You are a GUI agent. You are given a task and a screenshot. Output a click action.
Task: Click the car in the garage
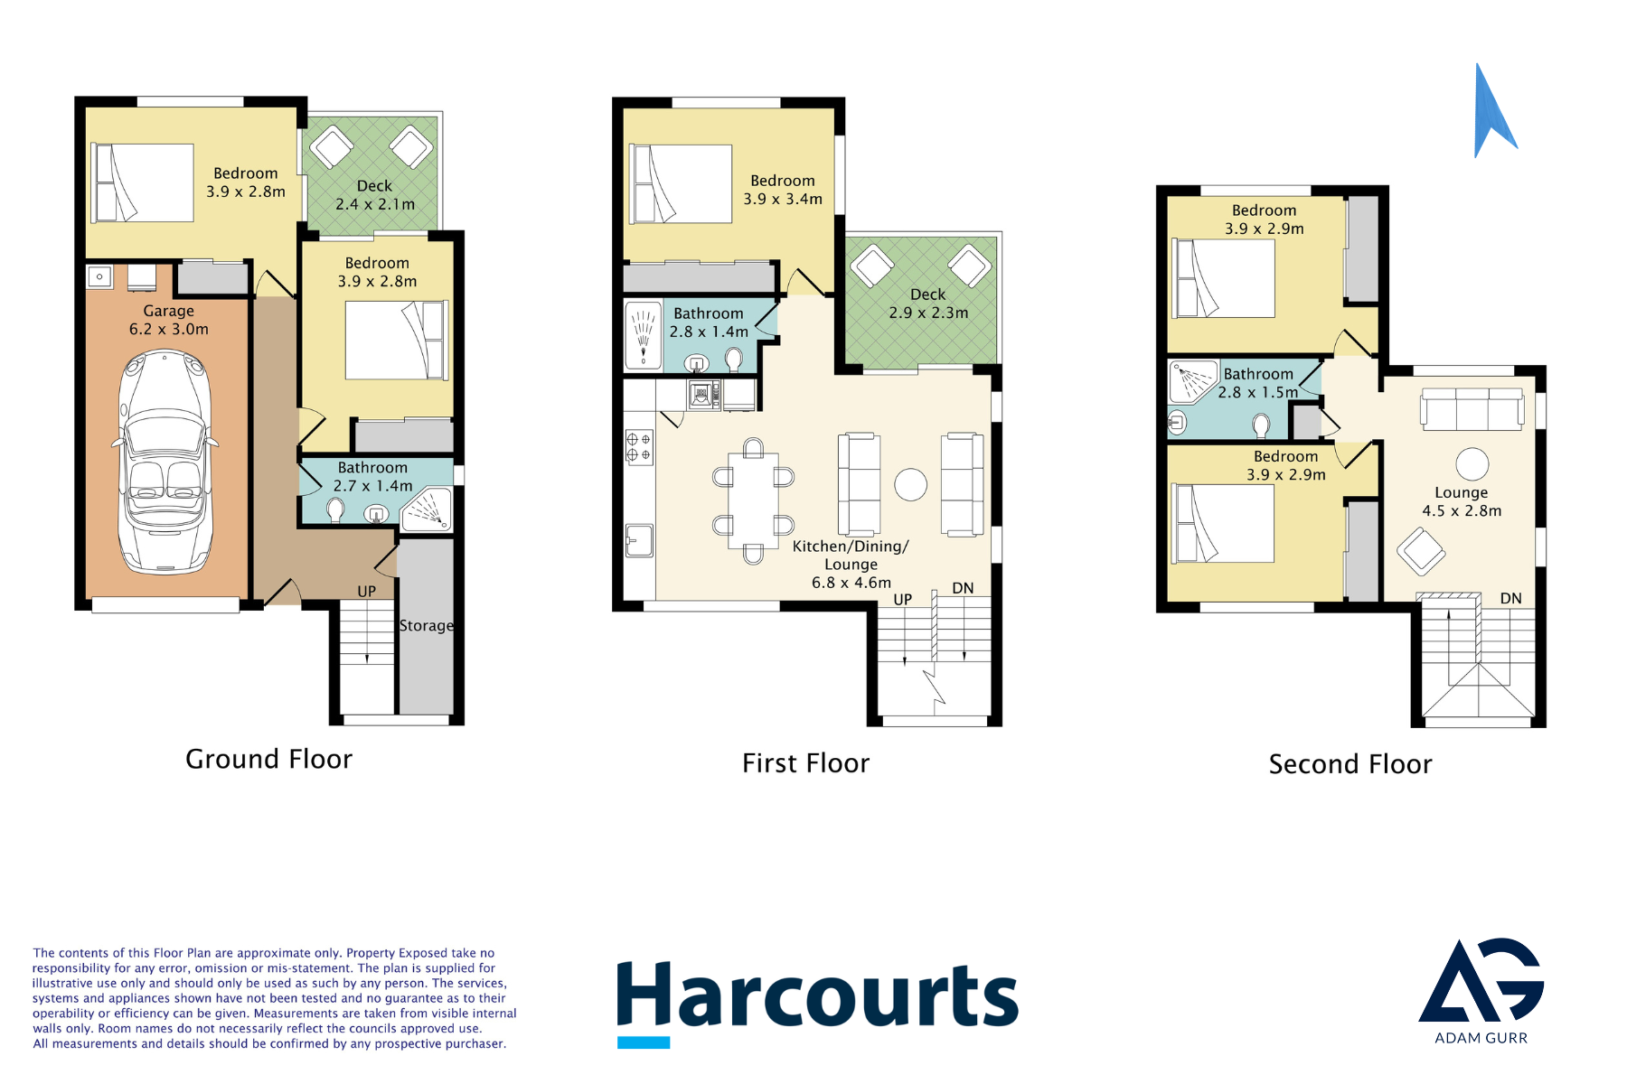[x=165, y=462]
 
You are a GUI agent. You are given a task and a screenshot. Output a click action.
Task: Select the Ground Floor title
[x=268, y=759]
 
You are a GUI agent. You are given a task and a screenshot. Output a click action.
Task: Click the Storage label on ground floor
[x=427, y=625]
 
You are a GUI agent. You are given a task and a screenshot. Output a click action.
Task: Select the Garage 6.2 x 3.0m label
[x=169, y=320]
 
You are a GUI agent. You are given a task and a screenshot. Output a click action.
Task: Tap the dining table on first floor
[x=753, y=500]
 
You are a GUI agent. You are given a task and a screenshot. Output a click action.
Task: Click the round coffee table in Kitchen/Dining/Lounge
[x=910, y=484]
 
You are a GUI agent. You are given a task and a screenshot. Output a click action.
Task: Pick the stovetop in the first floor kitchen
[x=639, y=447]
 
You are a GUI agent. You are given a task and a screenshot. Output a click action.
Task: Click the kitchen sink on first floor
[x=639, y=540]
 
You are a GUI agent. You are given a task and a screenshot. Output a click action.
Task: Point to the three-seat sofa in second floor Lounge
[x=1472, y=409]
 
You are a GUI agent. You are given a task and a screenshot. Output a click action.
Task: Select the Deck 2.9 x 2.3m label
[x=928, y=304]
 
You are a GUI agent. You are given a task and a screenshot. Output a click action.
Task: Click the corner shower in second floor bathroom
[x=1192, y=381]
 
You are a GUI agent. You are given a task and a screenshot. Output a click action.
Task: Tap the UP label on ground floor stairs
[x=366, y=592]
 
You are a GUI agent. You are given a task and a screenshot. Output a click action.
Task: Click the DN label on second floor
[x=1510, y=598]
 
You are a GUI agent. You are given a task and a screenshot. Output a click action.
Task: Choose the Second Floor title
[x=1350, y=764]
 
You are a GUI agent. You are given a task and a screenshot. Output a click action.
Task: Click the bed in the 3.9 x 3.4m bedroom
[x=682, y=183]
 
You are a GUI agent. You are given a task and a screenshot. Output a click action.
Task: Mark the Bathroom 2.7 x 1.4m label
[x=372, y=477]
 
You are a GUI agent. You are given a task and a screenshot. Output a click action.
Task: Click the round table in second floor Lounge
[x=1472, y=464]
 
